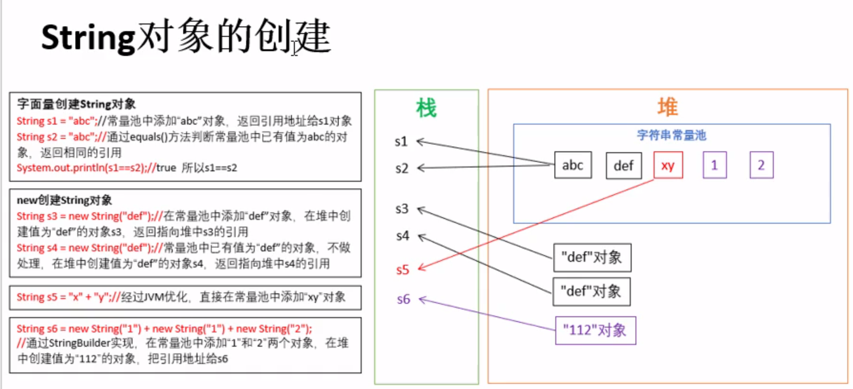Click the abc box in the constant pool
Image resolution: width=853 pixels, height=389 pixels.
(x=572, y=165)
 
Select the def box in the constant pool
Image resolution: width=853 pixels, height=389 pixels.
(x=623, y=166)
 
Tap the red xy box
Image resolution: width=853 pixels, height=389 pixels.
(x=668, y=166)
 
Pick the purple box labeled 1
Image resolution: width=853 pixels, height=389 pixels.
(x=714, y=166)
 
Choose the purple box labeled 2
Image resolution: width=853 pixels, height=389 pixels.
(x=761, y=166)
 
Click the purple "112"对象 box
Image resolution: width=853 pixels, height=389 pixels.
(x=595, y=330)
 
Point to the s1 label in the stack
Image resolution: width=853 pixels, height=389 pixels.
(x=401, y=142)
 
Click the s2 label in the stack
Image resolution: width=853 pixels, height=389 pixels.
(x=401, y=168)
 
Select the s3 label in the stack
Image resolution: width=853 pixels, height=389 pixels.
(x=401, y=208)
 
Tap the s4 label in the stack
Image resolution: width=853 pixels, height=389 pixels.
(x=402, y=236)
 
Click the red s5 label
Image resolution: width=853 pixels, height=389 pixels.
(x=402, y=270)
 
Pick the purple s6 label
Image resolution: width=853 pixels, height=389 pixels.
(x=403, y=299)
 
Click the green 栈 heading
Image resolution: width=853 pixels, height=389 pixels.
(x=426, y=109)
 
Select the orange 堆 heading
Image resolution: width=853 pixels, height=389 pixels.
(x=667, y=107)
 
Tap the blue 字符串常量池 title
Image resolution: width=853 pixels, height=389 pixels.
(x=672, y=135)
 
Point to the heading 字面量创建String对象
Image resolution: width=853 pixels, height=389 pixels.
(x=76, y=104)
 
